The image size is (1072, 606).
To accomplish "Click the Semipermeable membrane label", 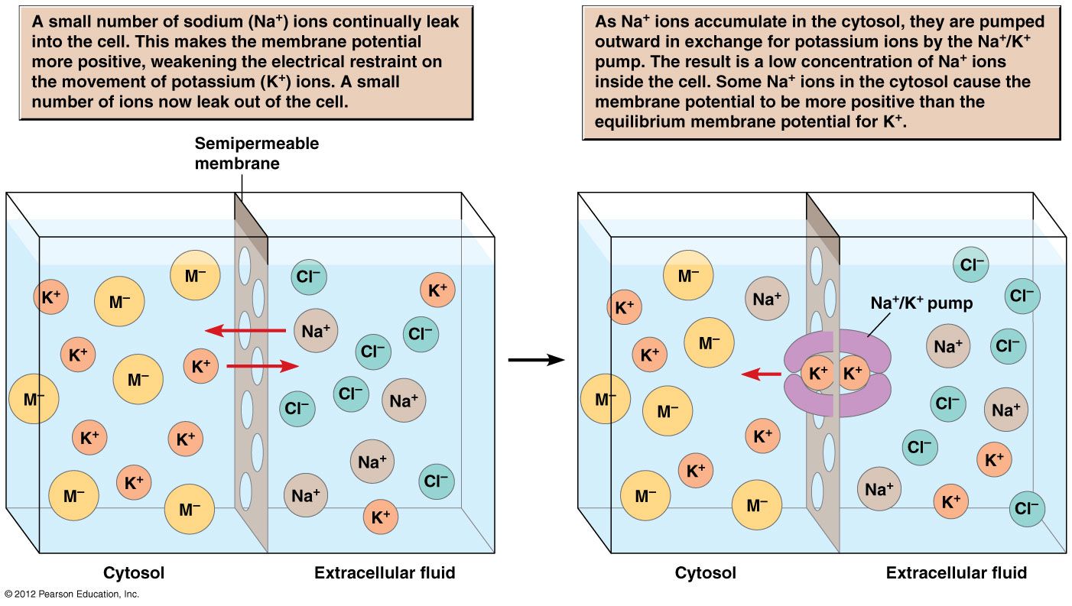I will (x=256, y=153).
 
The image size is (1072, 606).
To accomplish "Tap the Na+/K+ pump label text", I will (x=921, y=303).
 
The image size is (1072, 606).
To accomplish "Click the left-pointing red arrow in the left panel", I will (x=245, y=331).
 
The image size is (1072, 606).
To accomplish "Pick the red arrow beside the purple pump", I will (x=761, y=374).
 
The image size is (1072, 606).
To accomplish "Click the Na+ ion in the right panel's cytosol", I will (x=766, y=300).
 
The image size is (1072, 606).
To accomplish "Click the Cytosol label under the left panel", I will (x=134, y=572).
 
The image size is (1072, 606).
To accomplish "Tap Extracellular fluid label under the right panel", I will (x=956, y=572).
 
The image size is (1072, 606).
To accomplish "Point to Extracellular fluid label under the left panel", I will (x=385, y=572).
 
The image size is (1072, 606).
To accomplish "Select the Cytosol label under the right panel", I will (x=705, y=572).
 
